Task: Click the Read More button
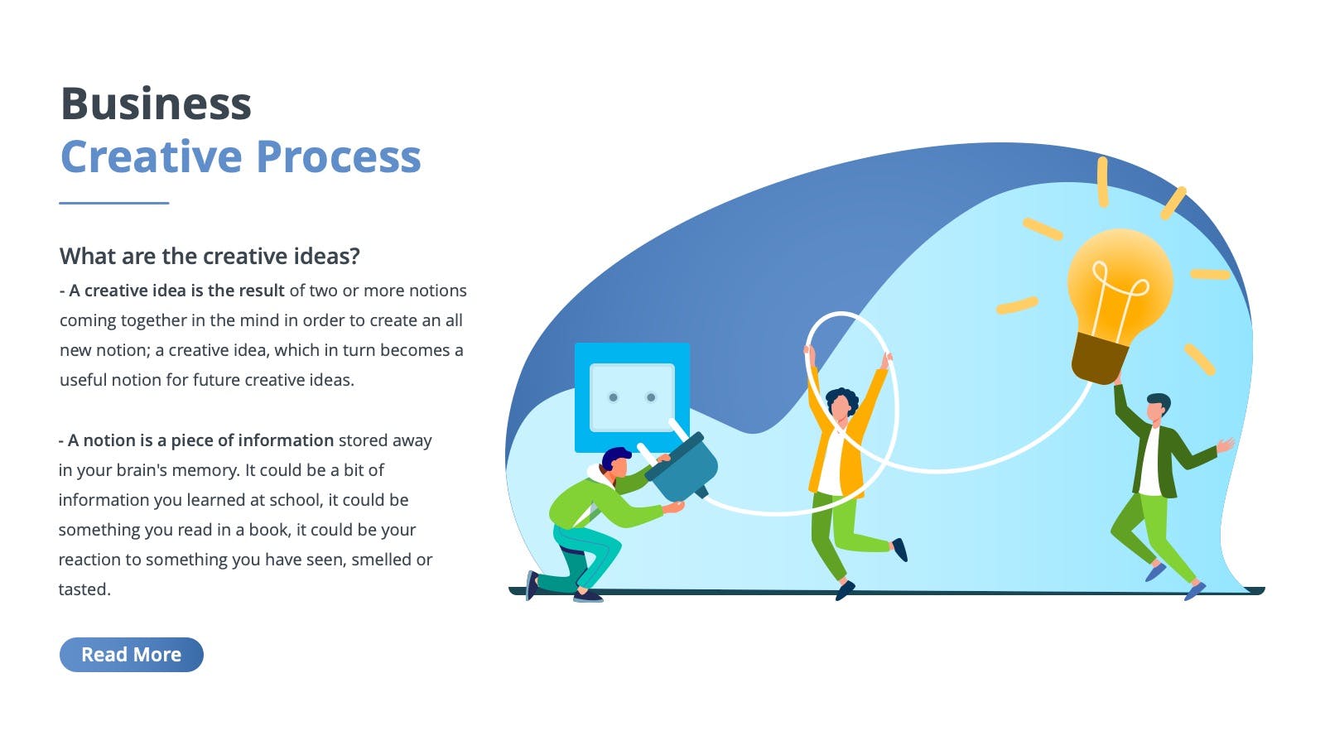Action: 132,655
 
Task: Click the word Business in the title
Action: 157,103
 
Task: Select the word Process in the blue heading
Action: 339,156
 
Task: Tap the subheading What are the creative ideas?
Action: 210,256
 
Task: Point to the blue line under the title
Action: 114,203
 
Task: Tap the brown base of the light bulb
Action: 1101,358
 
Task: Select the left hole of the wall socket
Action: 614,397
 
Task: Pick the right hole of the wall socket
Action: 651,397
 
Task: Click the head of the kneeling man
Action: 616,461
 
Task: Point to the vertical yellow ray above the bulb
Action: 1102,182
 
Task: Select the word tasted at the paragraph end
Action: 84,589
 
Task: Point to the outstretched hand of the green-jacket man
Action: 1226,445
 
